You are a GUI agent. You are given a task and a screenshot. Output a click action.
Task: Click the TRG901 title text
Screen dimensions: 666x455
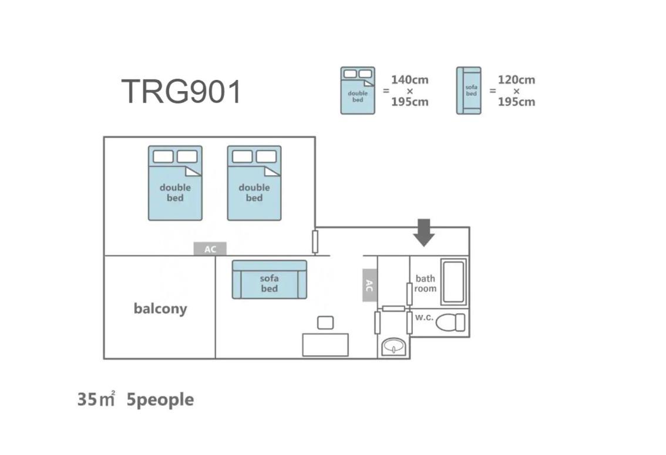click(181, 92)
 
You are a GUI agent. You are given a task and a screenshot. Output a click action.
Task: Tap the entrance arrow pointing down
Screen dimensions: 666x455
click(423, 233)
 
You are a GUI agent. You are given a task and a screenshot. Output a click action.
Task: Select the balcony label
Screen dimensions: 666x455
click(160, 309)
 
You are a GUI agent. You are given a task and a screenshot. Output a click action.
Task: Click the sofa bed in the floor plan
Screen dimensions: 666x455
click(270, 279)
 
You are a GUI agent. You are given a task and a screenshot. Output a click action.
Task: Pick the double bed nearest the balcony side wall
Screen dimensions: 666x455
click(175, 183)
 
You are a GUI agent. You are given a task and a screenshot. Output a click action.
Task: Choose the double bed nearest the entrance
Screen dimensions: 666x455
click(254, 183)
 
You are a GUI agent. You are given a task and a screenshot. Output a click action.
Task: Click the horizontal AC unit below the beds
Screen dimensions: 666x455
click(210, 249)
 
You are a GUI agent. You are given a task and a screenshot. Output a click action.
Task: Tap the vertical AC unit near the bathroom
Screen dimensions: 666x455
click(369, 285)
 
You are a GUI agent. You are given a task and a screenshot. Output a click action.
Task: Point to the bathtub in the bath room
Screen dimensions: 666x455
click(453, 282)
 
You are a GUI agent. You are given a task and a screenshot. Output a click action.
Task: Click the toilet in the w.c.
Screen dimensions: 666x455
click(450, 322)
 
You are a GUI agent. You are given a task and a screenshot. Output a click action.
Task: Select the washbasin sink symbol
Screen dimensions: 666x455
click(394, 347)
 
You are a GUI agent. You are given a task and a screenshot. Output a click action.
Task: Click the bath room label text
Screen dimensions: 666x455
click(425, 283)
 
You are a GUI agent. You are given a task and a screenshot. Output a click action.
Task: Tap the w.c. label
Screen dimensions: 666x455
click(424, 317)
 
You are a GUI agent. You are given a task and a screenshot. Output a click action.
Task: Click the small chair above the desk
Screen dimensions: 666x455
click(325, 323)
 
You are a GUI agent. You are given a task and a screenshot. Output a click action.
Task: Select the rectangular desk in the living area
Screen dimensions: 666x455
click(325, 345)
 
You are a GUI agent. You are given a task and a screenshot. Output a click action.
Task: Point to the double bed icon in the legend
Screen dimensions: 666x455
click(358, 91)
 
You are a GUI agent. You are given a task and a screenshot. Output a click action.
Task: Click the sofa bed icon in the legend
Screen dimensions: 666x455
click(469, 91)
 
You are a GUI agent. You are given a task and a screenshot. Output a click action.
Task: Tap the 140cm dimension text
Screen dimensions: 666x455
click(409, 80)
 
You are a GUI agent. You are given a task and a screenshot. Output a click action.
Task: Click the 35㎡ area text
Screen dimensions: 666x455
click(96, 399)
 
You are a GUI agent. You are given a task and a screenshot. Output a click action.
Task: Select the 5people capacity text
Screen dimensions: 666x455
click(160, 400)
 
